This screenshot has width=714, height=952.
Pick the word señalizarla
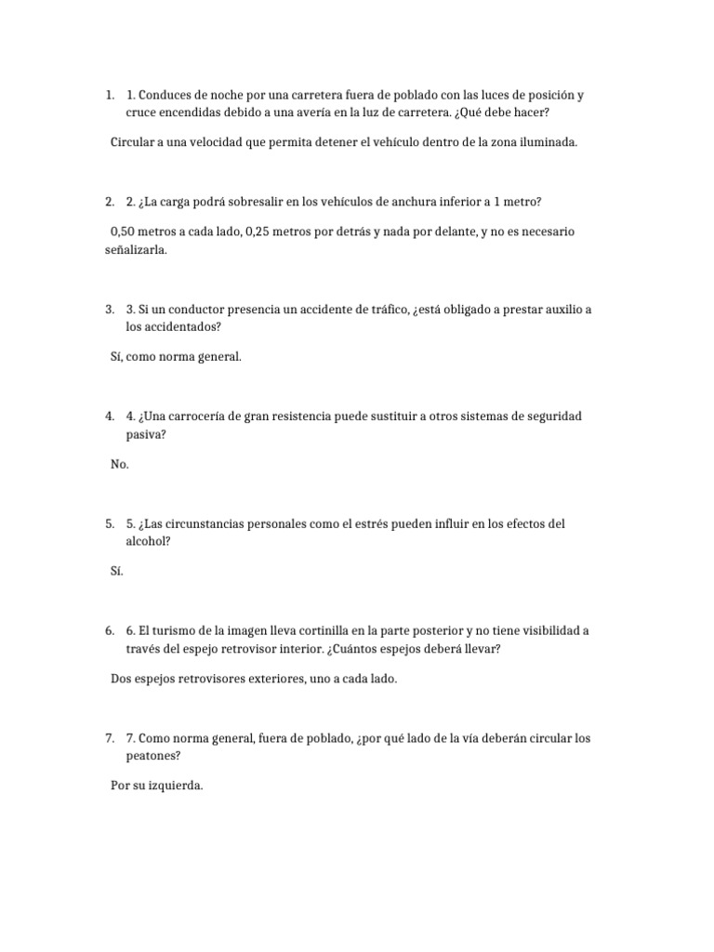(137, 251)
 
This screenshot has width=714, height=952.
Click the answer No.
(120, 464)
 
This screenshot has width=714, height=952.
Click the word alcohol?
(149, 540)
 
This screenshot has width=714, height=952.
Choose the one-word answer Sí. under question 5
(117, 572)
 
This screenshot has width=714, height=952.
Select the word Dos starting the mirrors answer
(122, 679)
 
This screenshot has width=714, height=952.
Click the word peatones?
(153, 755)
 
